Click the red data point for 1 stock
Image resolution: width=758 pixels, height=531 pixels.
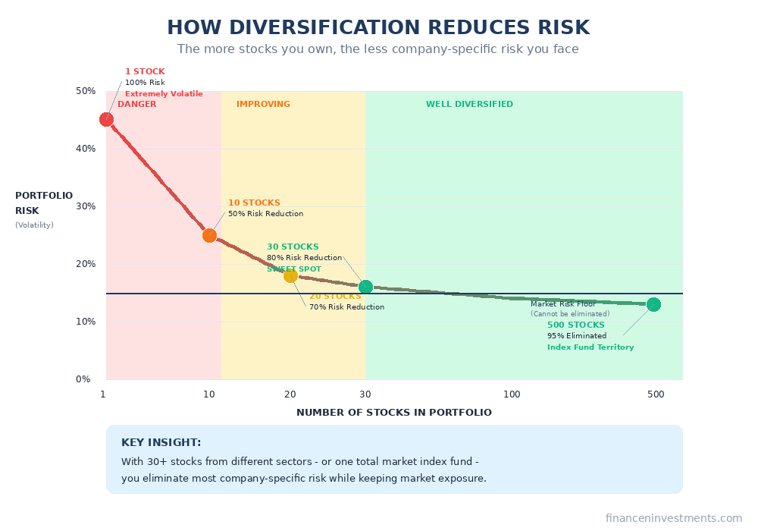106,119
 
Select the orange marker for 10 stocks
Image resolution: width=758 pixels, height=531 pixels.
209,235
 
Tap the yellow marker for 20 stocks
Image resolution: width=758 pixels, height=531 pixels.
290,275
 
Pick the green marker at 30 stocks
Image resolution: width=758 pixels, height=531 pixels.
365,287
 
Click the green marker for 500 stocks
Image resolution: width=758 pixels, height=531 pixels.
653,304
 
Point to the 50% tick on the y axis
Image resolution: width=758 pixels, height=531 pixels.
85,91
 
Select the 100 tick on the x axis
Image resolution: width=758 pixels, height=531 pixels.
512,394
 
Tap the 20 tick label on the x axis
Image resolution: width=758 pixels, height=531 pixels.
290,394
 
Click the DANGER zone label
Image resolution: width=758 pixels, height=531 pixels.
136,104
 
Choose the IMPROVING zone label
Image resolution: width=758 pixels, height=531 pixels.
263,104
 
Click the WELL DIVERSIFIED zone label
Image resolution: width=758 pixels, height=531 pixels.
469,104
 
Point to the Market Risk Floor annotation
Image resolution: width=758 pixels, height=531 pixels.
563,304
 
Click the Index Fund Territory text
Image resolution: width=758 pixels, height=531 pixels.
590,347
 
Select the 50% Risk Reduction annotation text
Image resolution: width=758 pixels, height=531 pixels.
265,214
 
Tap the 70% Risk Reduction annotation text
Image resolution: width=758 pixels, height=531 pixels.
346,307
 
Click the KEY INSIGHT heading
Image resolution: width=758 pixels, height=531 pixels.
161,442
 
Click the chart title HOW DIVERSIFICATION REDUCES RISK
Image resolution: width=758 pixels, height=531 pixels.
378,28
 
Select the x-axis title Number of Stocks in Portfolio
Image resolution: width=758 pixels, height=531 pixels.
393,413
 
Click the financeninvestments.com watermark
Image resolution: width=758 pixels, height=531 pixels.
673,518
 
